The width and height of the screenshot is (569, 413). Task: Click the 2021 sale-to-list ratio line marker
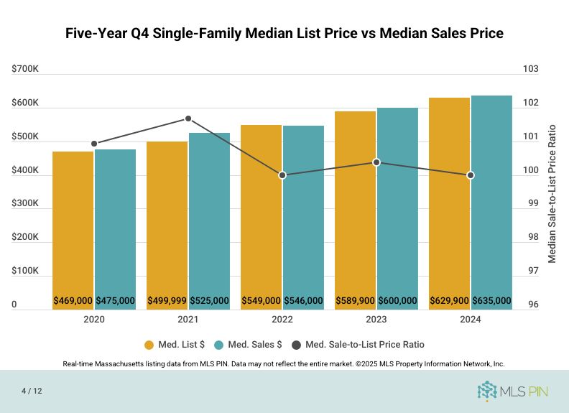188,119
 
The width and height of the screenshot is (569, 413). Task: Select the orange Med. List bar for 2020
73,231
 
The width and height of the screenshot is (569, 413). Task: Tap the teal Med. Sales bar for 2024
491,203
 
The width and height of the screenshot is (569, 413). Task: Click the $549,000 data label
261,300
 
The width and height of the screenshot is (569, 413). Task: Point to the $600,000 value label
397,300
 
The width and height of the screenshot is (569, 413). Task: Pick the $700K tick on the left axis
25,69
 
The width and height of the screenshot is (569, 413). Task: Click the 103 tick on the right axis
530,69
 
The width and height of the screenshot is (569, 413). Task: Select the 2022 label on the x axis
282,320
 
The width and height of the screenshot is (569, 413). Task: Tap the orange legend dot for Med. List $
149,345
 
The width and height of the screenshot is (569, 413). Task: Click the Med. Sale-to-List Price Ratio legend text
365,345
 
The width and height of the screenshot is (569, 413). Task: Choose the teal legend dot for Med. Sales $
218,345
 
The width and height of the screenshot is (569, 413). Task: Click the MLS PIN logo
512,391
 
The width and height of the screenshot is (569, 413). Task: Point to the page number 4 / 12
32,391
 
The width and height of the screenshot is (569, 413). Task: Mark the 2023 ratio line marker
376,162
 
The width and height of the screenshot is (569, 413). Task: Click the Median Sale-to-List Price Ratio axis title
552,194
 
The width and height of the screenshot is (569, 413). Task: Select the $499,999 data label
167,300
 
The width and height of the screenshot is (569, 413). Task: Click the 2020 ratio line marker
94,144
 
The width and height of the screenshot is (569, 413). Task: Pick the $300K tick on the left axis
25,203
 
